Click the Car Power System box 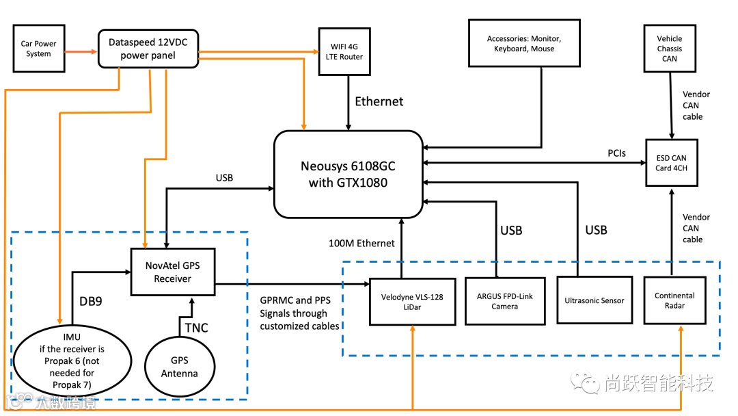(x=39, y=49)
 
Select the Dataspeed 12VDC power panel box (x=148, y=49)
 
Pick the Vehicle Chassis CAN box (x=670, y=49)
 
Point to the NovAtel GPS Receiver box (x=173, y=272)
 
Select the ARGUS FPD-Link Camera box (x=505, y=301)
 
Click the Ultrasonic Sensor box (x=594, y=301)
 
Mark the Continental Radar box (x=674, y=300)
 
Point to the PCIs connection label (x=617, y=153)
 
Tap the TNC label (x=196, y=328)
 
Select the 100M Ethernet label (x=361, y=243)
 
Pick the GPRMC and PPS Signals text (x=299, y=313)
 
